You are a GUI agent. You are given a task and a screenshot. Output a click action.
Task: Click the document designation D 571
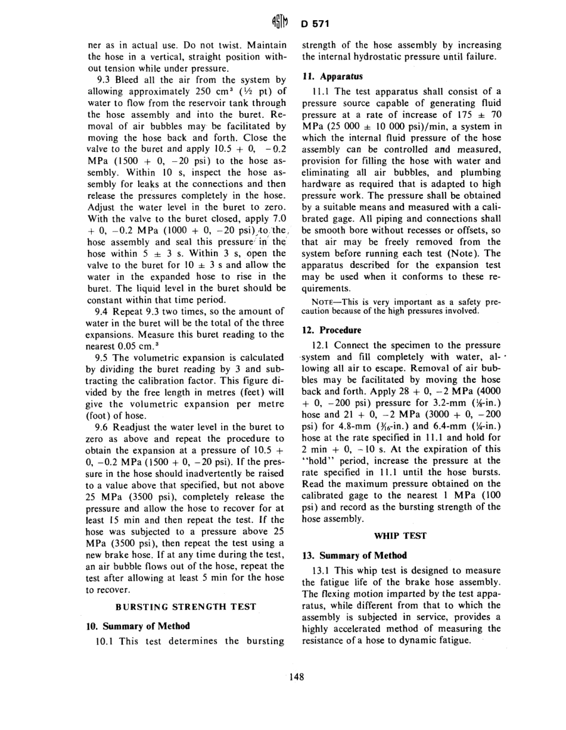point(315,24)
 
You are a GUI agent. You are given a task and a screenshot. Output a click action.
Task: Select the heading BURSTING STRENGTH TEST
point(186,607)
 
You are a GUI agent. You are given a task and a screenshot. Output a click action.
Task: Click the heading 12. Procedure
point(332,330)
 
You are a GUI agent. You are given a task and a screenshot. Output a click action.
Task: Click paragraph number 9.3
point(105,79)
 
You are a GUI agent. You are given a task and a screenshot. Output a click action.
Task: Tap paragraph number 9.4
point(105,311)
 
